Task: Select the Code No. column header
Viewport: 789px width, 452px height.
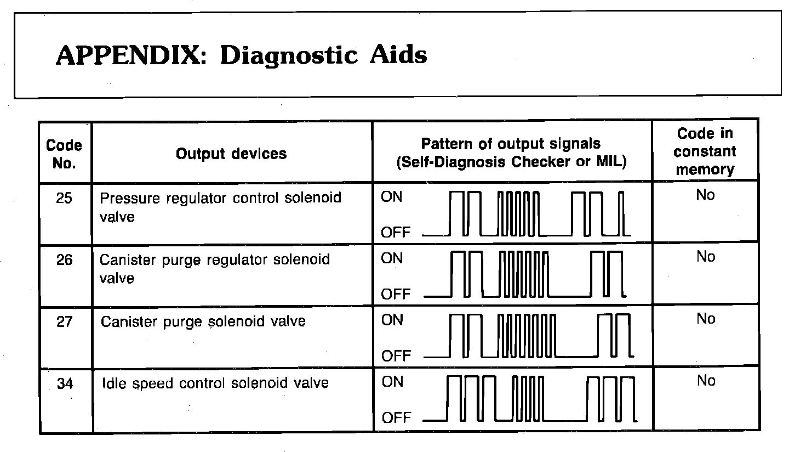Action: [64, 154]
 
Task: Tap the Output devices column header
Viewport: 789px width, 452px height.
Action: [231, 154]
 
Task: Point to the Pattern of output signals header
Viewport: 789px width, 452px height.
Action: [511, 153]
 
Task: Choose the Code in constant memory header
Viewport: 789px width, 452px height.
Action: [705, 151]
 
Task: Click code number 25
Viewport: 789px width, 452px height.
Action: [64, 198]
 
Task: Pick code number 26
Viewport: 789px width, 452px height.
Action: [64, 259]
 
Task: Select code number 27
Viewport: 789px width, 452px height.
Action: [64, 321]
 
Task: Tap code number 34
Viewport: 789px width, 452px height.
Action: [65, 383]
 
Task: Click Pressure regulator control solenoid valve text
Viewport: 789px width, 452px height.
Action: [220, 206]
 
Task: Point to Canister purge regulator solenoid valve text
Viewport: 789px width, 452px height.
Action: [214, 268]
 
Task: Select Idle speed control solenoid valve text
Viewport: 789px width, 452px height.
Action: [215, 383]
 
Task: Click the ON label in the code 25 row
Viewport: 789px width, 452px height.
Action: [391, 197]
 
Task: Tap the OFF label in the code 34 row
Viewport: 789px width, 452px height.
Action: [396, 418]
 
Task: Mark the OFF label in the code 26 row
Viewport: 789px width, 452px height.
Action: [396, 294]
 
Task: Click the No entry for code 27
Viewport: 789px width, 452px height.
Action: [706, 319]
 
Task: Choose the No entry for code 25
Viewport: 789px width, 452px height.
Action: [706, 195]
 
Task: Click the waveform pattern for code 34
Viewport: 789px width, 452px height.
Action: [530, 399]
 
